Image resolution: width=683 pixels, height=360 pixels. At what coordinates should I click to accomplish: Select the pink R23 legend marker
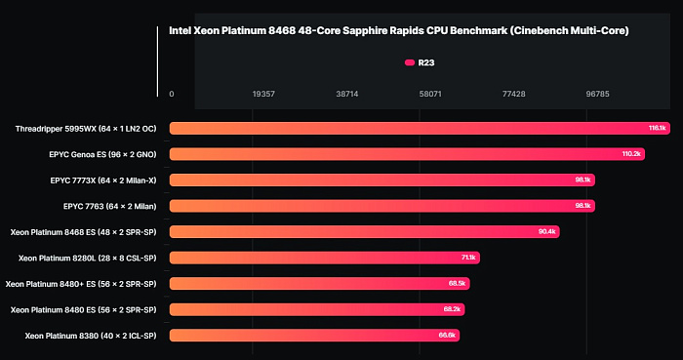click(x=410, y=63)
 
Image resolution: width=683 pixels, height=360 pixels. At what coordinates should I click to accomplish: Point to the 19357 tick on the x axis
click(x=263, y=95)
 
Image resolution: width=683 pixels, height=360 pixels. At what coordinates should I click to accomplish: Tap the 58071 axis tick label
click(x=430, y=95)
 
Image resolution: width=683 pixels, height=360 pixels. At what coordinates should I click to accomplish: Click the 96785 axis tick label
click(x=597, y=95)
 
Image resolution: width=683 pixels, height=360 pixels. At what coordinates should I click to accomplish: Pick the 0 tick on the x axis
click(x=173, y=95)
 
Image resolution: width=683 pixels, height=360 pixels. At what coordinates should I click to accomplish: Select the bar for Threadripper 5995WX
click(x=420, y=128)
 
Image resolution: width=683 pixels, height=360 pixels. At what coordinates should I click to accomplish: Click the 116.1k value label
click(x=657, y=128)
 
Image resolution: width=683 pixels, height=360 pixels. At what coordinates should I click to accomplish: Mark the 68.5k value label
click(x=457, y=284)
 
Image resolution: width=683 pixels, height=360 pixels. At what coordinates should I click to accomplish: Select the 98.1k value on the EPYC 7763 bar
click(x=583, y=206)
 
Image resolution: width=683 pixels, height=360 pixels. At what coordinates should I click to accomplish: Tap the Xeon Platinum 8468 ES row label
click(x=85, y=231)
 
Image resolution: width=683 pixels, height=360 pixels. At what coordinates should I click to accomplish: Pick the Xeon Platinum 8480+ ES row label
click(x=83, y=283)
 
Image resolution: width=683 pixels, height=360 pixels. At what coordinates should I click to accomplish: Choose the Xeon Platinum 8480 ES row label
click(x=85, y=309)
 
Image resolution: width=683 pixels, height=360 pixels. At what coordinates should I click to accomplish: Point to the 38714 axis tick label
click(x=346, y=95)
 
